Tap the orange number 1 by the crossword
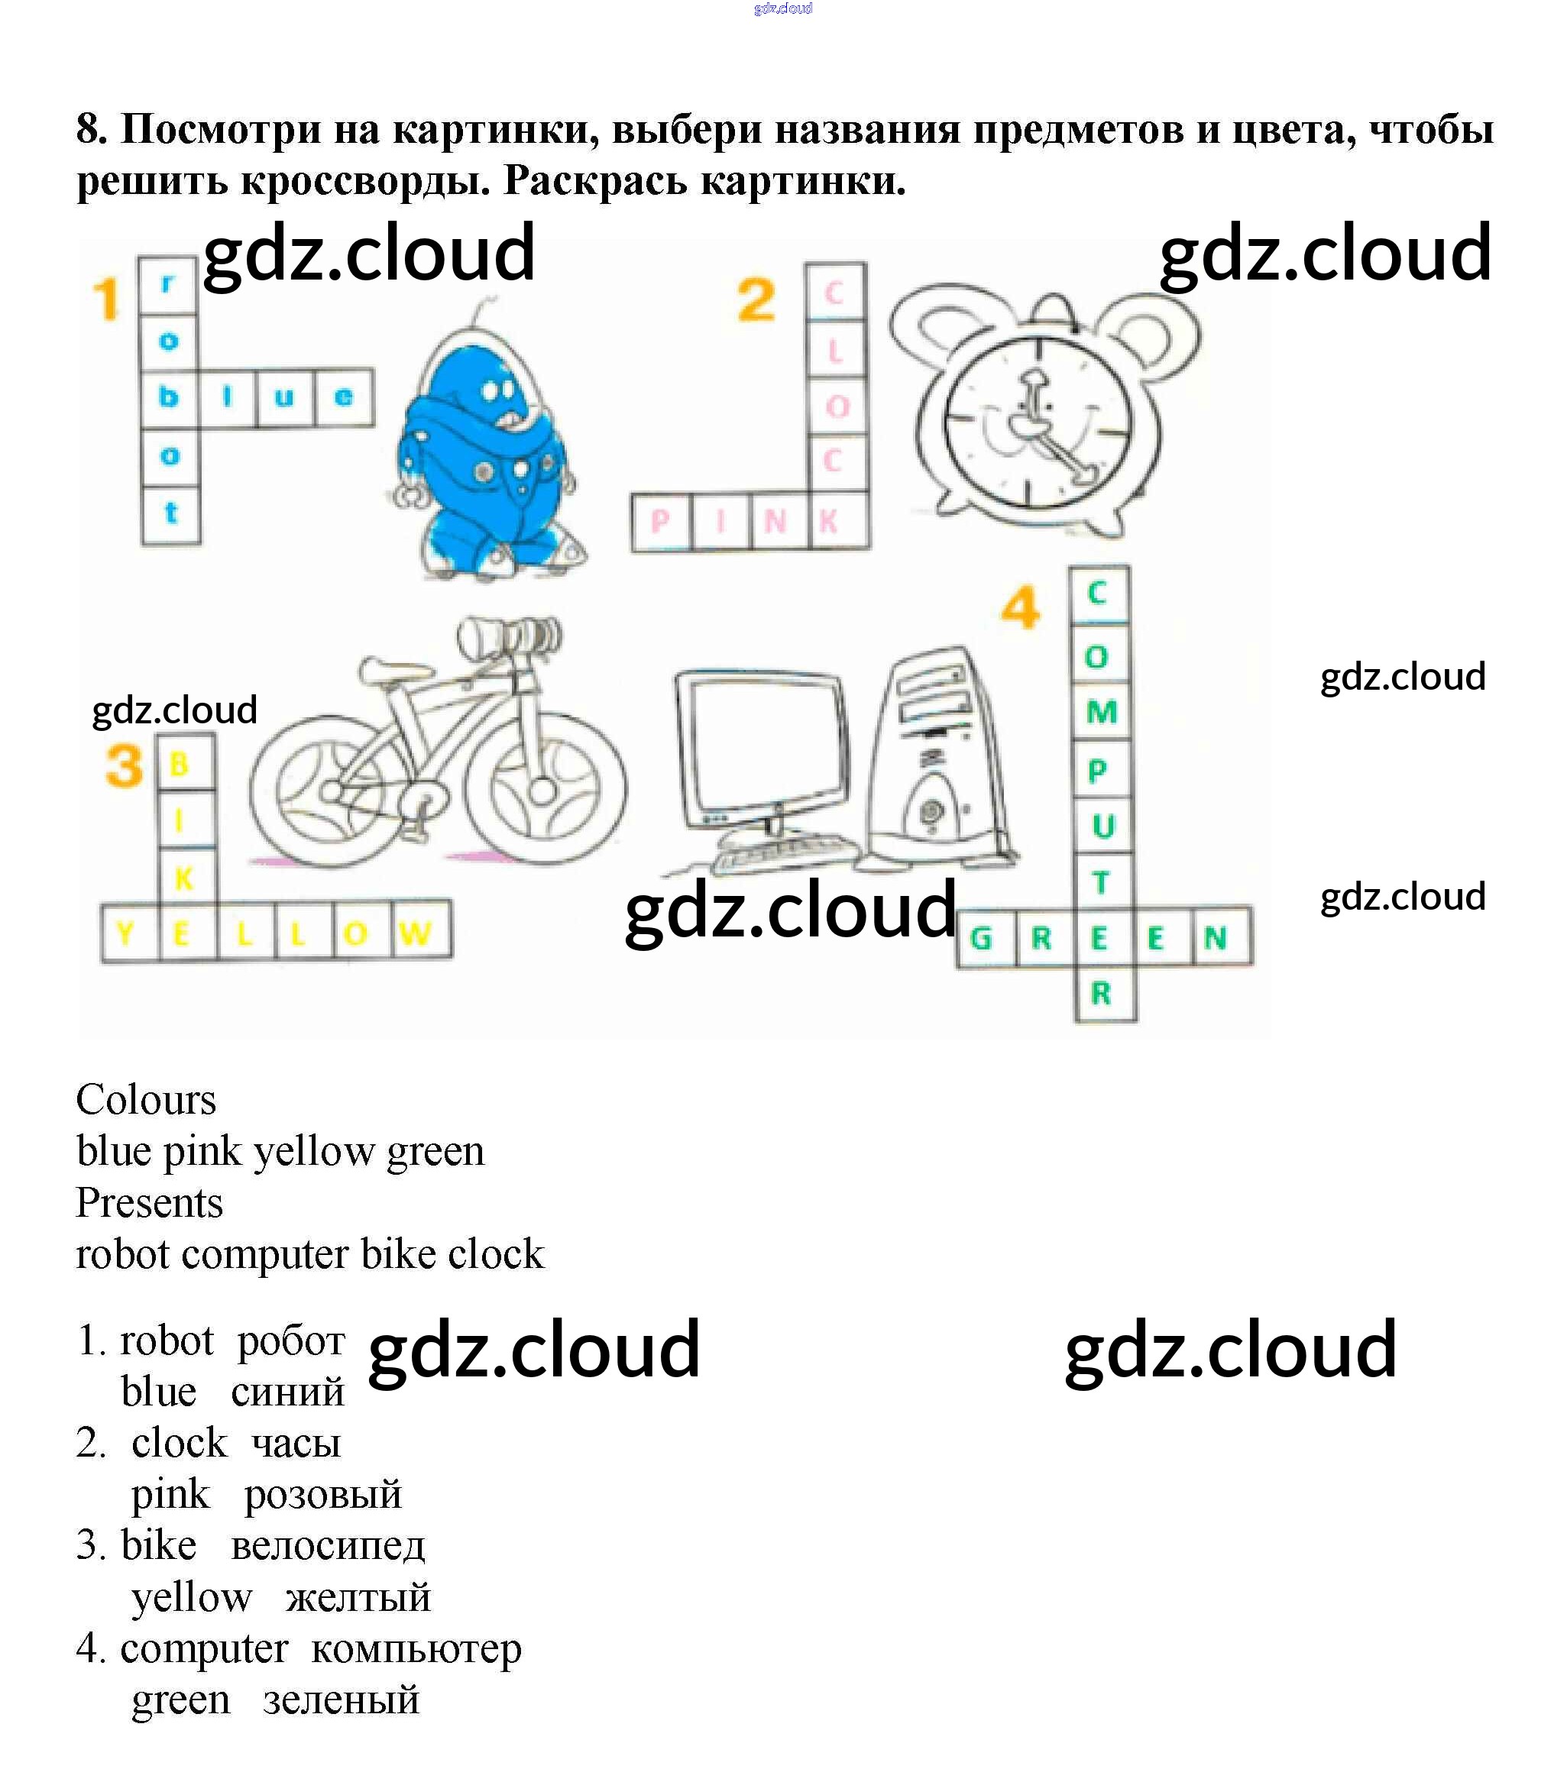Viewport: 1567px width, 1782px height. point(106,299)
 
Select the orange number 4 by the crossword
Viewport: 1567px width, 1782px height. point(1019,608)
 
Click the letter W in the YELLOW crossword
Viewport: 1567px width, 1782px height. point(414,933)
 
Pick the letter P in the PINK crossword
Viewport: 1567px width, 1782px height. point(660,522)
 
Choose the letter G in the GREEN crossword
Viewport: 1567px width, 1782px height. point(982,938)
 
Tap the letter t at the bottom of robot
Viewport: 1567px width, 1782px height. point(171,513)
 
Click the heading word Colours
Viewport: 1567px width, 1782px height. point(146,1099)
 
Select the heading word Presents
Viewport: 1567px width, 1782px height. point(149,1203)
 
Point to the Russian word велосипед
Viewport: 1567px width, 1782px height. point(327,1546)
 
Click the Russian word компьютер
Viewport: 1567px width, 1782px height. point(416,1648)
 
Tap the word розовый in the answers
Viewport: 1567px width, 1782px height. point(322,1494)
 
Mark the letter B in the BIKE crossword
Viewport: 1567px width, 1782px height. point(179,765)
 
